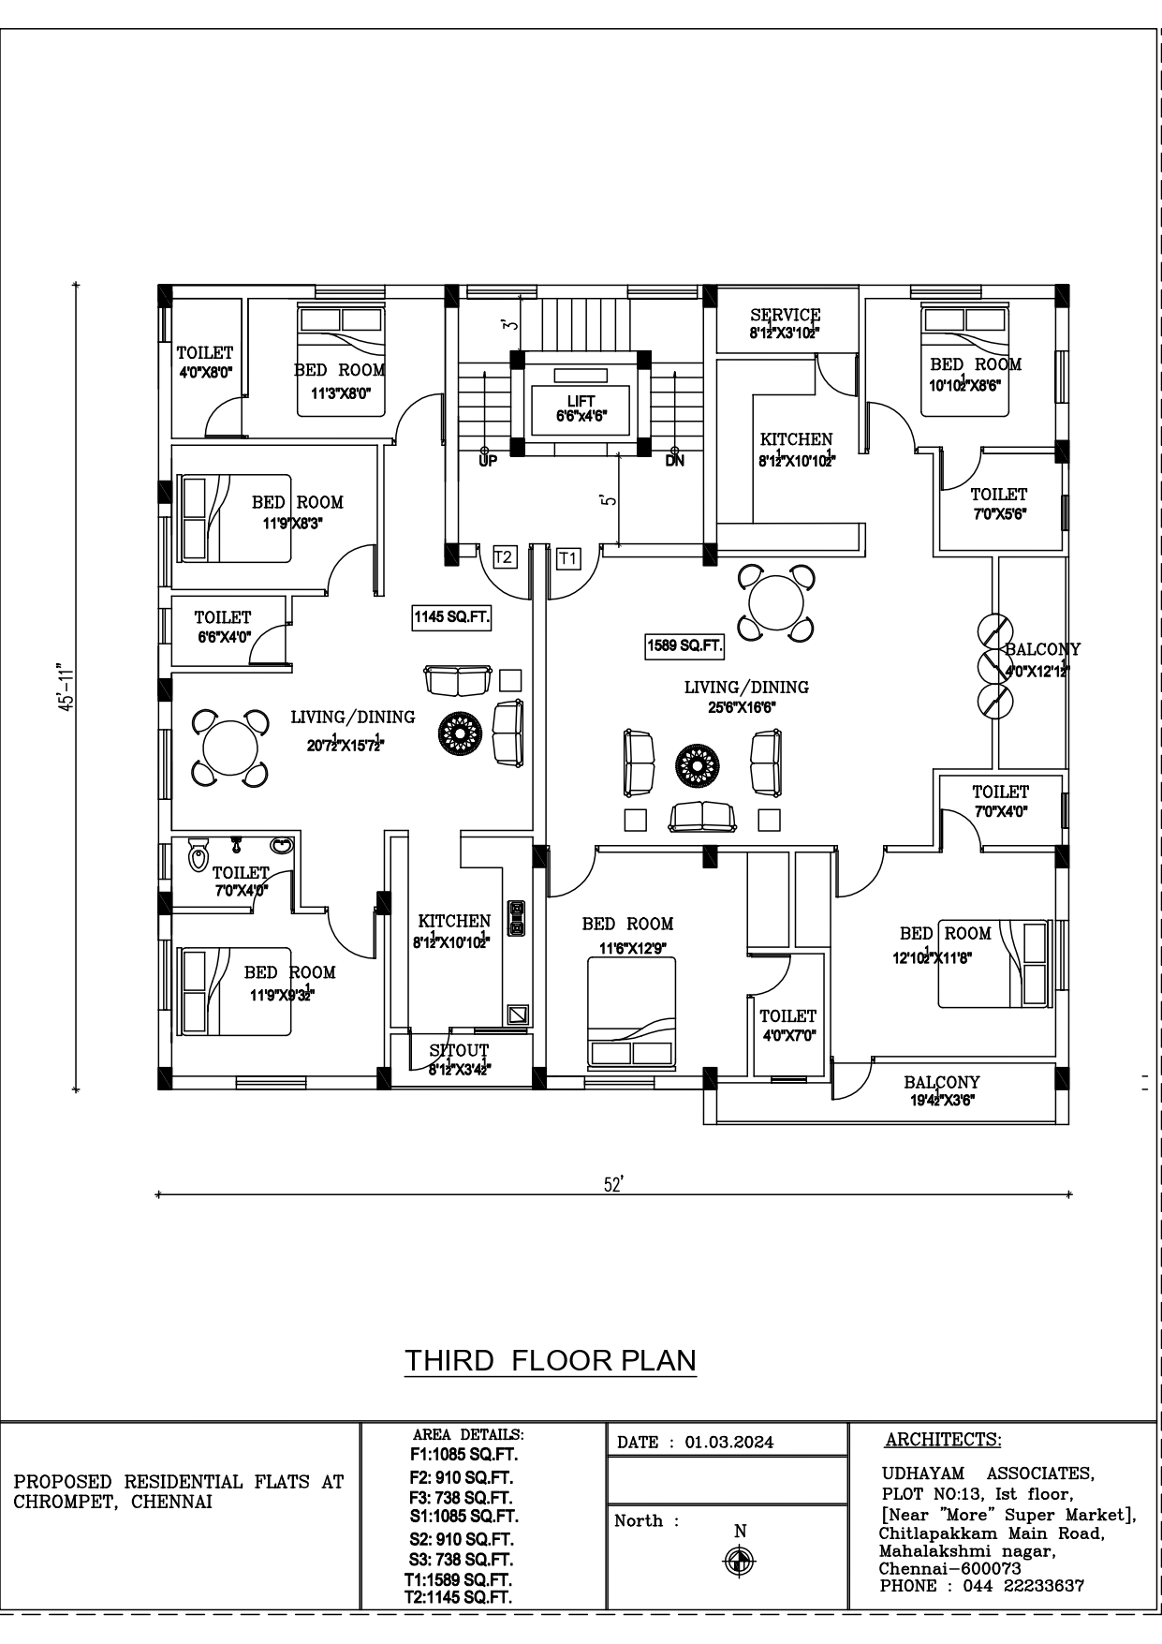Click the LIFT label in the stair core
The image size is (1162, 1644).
coord(581,402)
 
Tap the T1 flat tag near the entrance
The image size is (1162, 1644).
coord(567,558)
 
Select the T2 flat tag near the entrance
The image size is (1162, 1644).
coord(503,557)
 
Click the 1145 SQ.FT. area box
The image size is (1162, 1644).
coord(452,617)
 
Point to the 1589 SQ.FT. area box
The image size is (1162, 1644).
coord(684,645)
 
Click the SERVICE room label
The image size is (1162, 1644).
coord(785,316)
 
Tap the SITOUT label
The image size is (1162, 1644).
coord(459,1050)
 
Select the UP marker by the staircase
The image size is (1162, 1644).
coord(488,460)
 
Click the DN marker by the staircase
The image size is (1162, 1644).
coord(674,460)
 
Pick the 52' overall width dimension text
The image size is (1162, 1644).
coord(613,1185)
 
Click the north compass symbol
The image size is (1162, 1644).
coord(741,1560)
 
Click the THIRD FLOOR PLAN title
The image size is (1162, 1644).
coord(551,1360)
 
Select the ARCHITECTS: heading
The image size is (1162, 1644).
coord(942,1440)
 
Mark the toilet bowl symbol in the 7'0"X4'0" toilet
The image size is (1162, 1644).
coord(198,855)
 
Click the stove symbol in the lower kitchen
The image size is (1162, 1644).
coord(516,917)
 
